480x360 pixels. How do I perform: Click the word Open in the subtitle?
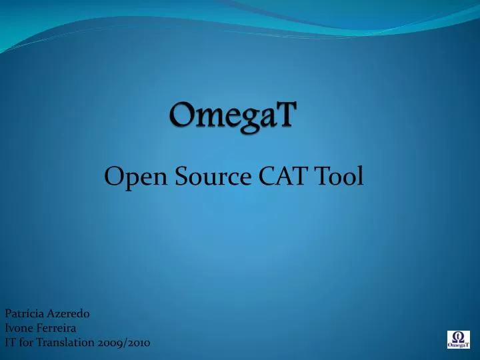[x=130, y=177]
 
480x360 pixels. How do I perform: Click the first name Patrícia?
[x=21, y=313]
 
